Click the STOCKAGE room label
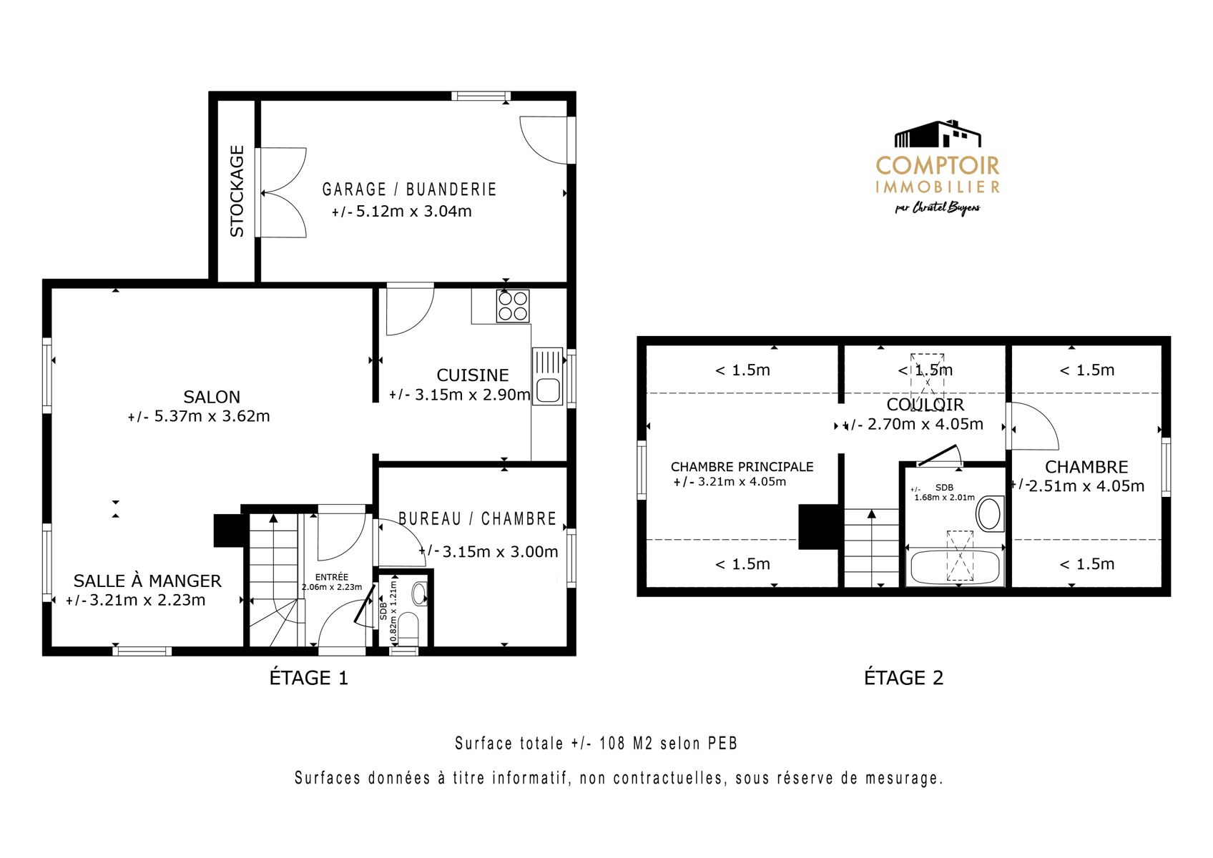coord(237,190)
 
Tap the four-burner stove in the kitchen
coord(513,307)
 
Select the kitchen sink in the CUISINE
coord(548,376)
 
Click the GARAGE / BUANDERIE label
coord(409,189)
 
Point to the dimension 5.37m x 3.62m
coord(212,416)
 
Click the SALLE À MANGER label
coord(147,581)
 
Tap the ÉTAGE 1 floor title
coord(309,678)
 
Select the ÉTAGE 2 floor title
coord(904,678)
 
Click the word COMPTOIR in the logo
coord(938,166)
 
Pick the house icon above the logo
coord(938,134)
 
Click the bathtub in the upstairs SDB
coord(956,567)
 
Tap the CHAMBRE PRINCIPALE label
coord(742,467)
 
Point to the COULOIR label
coord(925,405)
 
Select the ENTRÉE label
coord(332,578)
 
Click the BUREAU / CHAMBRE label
coord(478,518)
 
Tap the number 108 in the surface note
coord(612,743)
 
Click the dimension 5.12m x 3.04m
coord(413,211)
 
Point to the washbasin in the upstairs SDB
coord(989,513)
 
